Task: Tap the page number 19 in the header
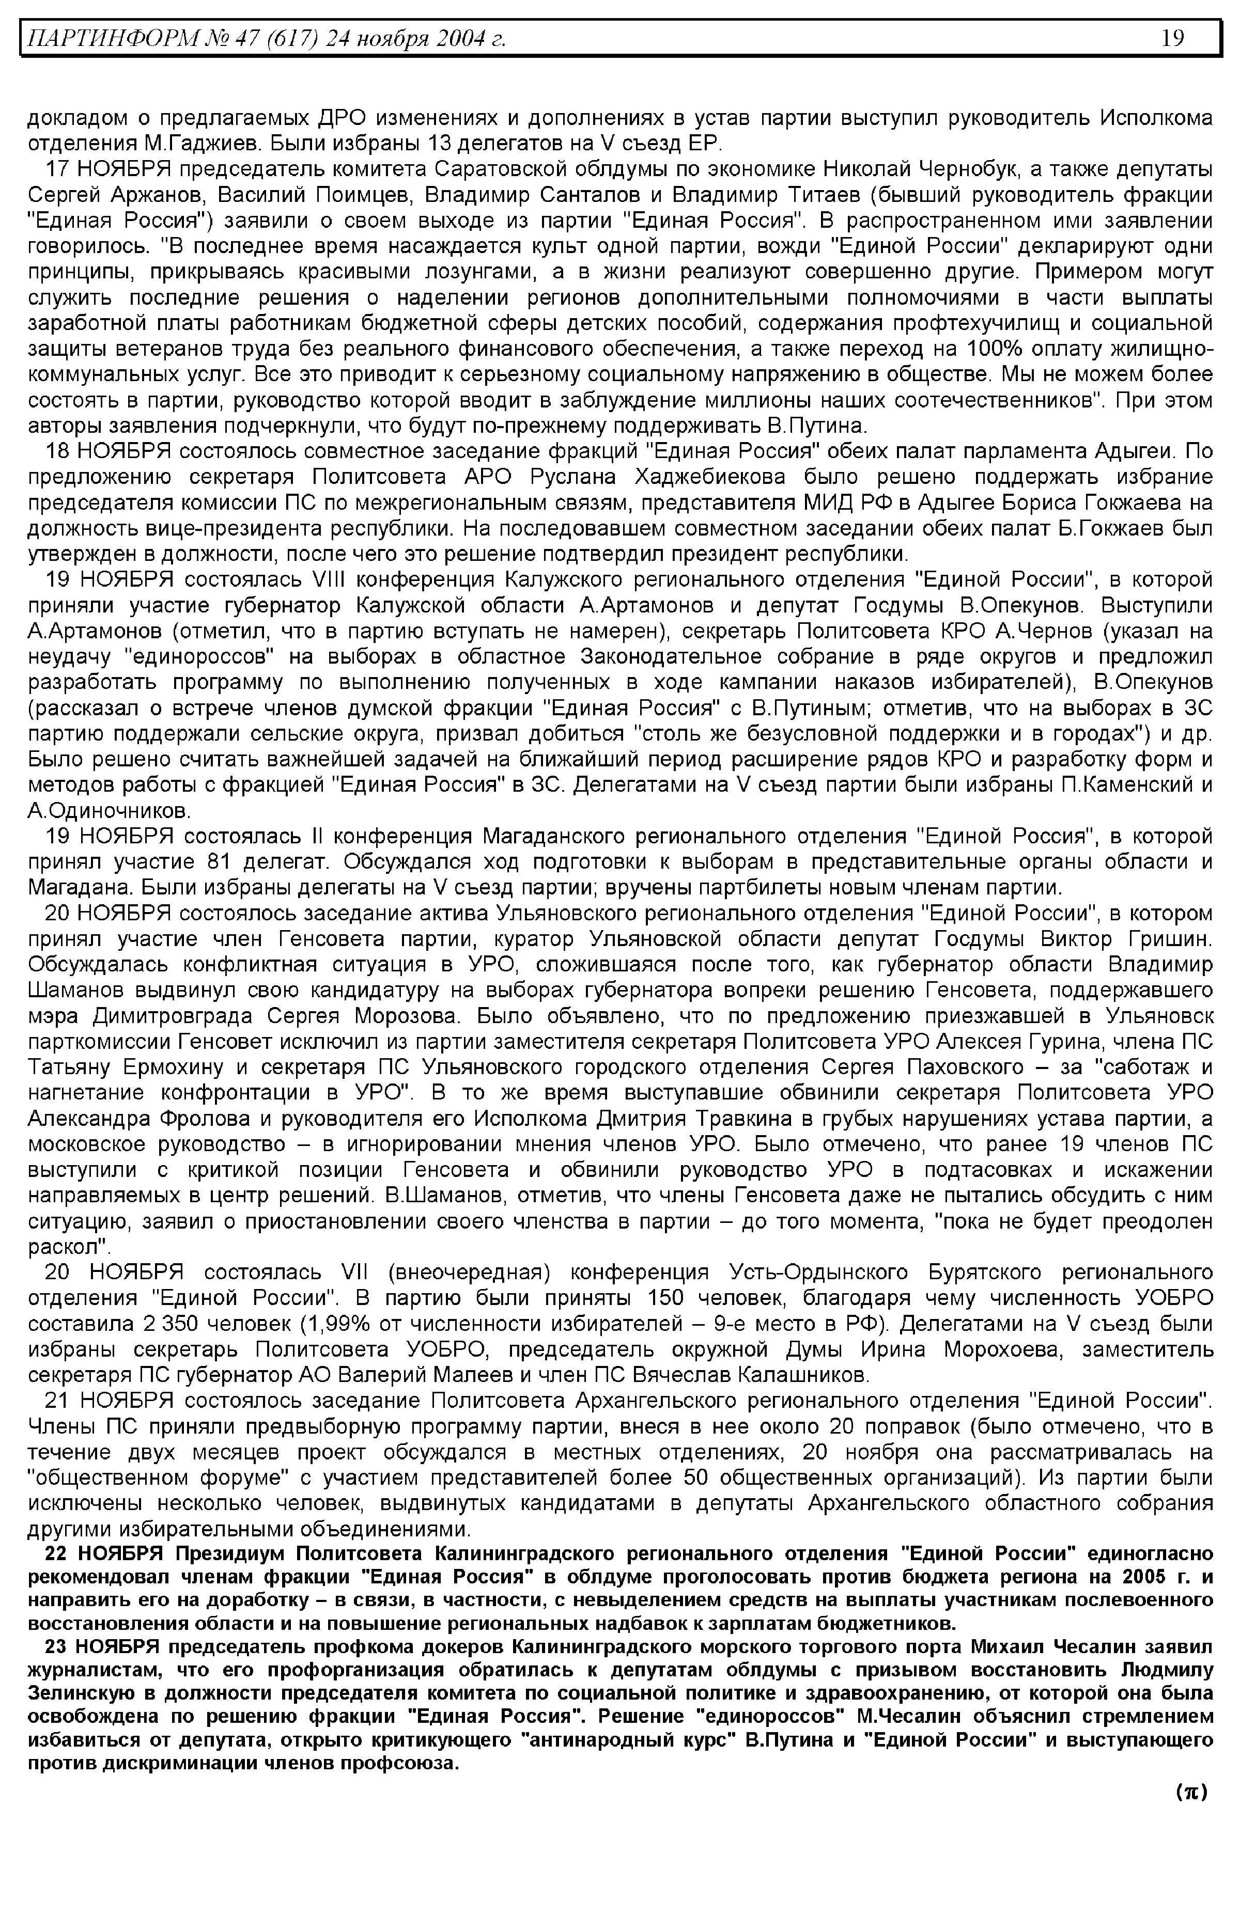[1172, 38]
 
